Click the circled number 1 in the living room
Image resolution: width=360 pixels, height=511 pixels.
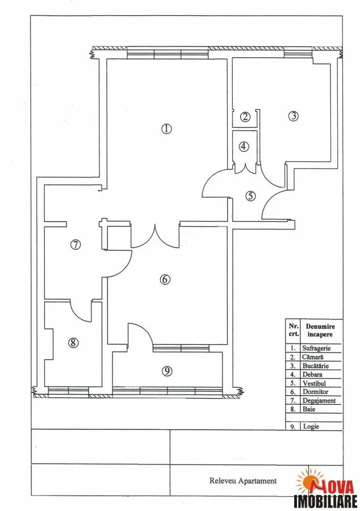[x=166, y=129]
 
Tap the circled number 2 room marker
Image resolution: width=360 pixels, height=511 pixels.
[x=245, y=116]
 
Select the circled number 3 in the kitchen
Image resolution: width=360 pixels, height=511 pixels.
[x=294, y=116]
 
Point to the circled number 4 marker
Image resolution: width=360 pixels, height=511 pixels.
[x=244, y=147]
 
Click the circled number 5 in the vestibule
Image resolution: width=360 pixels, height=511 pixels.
[x=250, y=196]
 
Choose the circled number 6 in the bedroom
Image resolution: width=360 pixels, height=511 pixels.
[x=165, y=279]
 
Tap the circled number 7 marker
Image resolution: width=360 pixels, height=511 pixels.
[x=76, y=244]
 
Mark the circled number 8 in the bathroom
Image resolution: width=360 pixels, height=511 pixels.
[x=73, y=342]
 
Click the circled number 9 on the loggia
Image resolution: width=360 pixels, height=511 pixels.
[x=167, y=371]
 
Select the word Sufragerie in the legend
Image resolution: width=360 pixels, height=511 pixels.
[x=316, y=348]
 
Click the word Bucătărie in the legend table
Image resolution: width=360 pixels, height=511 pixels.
[x=315, y=366]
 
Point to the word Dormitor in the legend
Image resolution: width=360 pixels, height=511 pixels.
[x=315, y=392]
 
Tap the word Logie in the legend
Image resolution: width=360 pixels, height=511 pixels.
[x=311, y=426]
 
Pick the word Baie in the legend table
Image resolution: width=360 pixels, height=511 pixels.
[x=309, y=409]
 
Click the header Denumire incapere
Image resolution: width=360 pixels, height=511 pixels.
[x=320, y=330]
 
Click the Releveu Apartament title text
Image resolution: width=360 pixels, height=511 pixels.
[x=242, y=480]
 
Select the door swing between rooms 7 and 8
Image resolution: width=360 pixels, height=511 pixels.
[x=81, y=311]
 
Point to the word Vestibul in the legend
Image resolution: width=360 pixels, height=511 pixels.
[x=314, y=383]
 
